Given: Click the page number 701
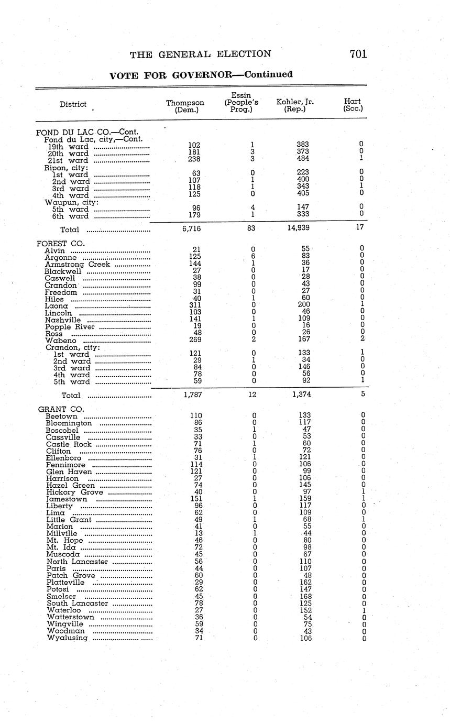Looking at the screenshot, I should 358,54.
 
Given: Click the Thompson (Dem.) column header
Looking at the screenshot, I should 185,106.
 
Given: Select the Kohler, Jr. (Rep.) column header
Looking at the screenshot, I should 294,106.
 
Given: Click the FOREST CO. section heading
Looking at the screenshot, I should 60,244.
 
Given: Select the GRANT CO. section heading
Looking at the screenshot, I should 61,409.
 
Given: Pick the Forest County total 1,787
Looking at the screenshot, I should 193,395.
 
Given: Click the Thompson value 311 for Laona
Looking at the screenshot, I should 195,305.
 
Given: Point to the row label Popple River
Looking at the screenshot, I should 70,327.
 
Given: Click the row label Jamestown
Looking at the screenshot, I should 67,499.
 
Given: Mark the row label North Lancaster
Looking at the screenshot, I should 77,562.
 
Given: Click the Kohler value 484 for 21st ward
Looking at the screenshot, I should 302,158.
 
